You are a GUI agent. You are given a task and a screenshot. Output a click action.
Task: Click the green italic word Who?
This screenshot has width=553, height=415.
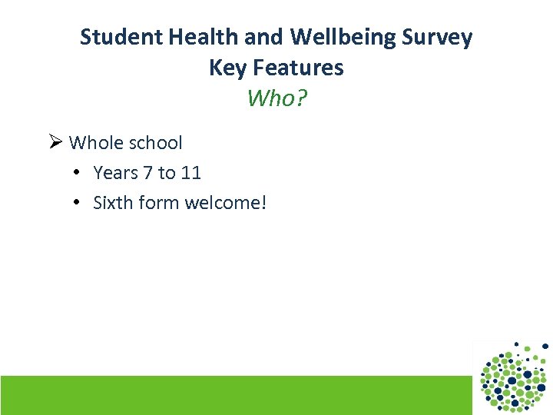point(276,98)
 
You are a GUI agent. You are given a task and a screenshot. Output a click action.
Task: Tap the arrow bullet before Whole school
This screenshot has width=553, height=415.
point(55,142)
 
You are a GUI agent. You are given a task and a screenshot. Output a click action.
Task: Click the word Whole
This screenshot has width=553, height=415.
point(94,143)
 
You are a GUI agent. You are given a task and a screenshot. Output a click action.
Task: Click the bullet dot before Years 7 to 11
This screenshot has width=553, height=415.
point(78,173)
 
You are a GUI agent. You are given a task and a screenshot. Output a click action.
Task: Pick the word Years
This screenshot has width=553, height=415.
point(115,173)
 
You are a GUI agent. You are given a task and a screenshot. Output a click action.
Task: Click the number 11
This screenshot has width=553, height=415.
point(191,173)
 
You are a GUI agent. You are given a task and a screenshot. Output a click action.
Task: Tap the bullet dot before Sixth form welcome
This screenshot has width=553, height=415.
point(78,203)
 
